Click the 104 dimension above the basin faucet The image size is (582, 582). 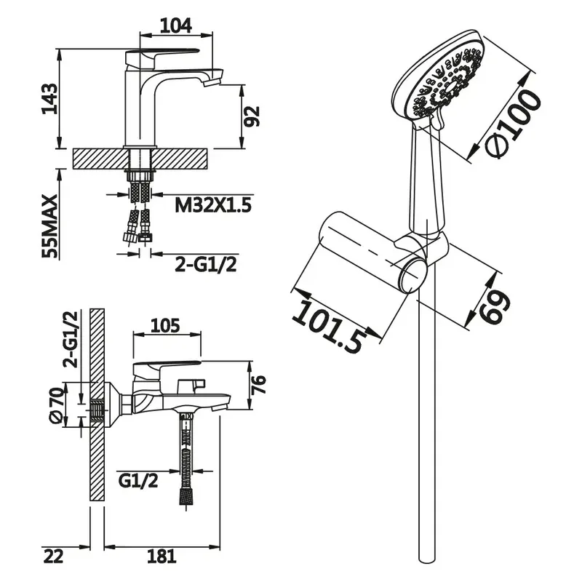click(176, 25)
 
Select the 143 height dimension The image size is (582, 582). click(49, 99)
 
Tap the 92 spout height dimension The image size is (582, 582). click(252, 116)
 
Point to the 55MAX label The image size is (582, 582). click(50, 226)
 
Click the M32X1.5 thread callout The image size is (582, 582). click(213, 204)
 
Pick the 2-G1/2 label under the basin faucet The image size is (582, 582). click(206, 264)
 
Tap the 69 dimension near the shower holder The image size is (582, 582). click(494, 306)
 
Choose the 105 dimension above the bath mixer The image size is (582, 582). click(165, 325)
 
